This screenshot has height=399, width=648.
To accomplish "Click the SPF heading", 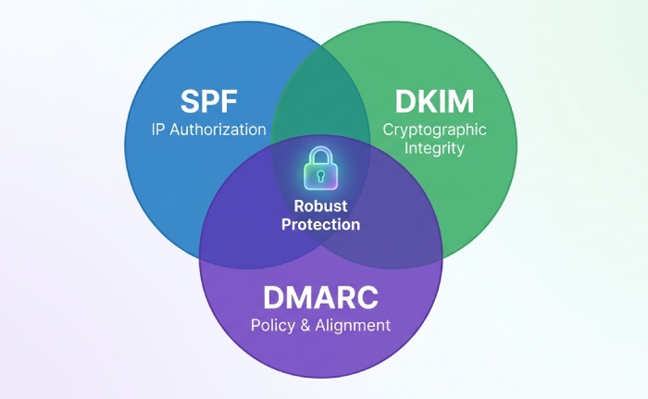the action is point(208,101).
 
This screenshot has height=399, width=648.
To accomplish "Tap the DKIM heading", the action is point(434,101).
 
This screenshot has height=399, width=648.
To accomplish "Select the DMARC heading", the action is point(320,297).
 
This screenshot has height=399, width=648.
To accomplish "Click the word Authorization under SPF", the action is point(218,130).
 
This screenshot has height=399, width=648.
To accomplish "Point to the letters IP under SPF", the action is point(158,130).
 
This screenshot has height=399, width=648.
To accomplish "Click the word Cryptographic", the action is point(434,131).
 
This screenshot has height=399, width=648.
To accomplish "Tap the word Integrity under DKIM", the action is point(434,148).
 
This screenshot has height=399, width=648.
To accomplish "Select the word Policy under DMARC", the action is point(273,325).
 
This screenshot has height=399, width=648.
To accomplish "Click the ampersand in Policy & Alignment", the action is point(305,325).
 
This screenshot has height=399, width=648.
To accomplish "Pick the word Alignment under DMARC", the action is point(353,325).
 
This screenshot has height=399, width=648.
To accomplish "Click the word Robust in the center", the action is point(320,206).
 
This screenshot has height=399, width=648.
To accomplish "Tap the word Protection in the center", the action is point(320,225).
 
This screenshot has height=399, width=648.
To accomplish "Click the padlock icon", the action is point(320,168).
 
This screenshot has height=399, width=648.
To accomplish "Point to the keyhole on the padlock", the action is point(320,175).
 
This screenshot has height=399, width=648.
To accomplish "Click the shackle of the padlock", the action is point(320,155).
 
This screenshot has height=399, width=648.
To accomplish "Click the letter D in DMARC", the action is point(274,297).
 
